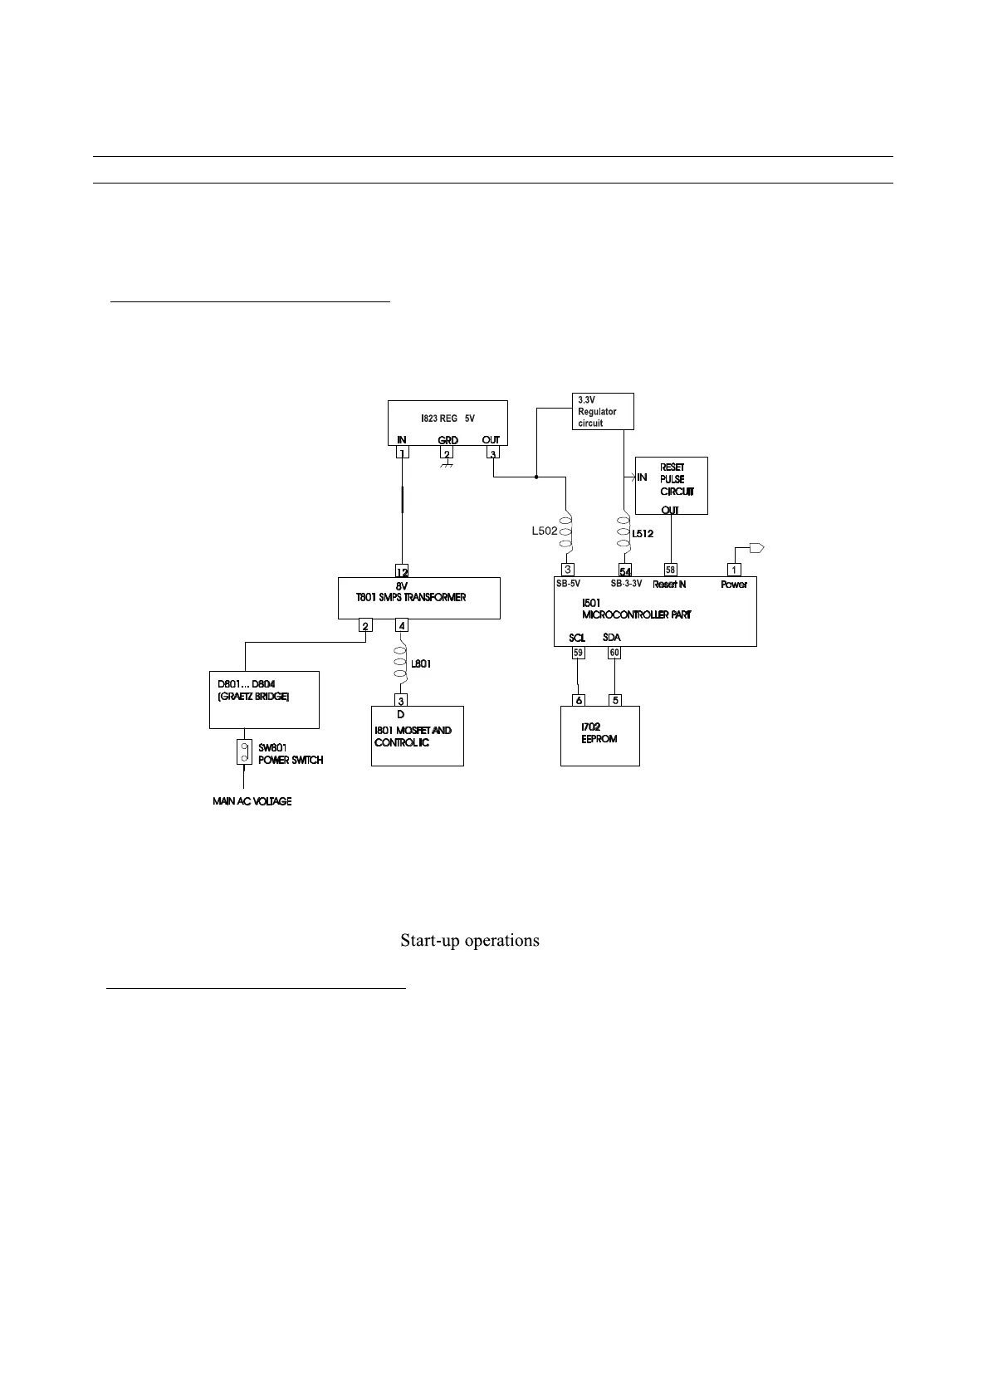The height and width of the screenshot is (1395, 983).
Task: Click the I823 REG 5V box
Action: pyautogui.click(x=447, y=423)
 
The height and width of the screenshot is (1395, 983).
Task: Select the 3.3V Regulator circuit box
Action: pyautogui.click(x=604, y=411)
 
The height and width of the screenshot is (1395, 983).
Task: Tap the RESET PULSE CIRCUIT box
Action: pyautogui.click(x=671, y=485)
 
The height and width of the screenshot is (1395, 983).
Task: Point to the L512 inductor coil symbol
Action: pyautogui.click(x=624, y=532)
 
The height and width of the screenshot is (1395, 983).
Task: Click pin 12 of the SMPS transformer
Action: pyautogui.click(x=402, y=571)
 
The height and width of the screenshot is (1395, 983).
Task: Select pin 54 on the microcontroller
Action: pyautogui.click(x=625, y=570)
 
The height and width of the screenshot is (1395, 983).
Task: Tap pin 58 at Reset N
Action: pyautogui.click(x=671, y=570)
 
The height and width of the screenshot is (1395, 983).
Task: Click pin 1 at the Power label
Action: pyautogui.click(x=735, y=570)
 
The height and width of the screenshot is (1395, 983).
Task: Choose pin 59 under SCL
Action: pyautogui.click(x=578, y=653)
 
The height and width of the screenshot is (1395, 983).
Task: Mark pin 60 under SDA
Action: pyautogui.click(x=614, y=653)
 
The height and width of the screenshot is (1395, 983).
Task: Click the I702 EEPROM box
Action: pyautogui.click(x=599, y=736)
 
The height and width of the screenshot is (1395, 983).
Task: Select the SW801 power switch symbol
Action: pyautogui.click(x=244, y=751)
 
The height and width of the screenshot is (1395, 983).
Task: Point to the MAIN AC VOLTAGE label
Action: pyautogui.click(x=252, y=801)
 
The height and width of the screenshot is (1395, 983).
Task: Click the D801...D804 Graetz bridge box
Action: pyautogui.click(x=263, y=698)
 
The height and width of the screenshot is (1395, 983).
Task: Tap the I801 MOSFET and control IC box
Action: pyautogui.click(x=417, y=736)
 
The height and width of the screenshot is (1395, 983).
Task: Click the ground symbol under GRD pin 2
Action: pyautogui.click(x=447, y=467)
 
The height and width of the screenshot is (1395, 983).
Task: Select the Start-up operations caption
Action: pyautogui.click(x=470, y=940)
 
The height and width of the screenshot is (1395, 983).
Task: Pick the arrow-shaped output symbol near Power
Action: pyautogui.click(x=756, y=547)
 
